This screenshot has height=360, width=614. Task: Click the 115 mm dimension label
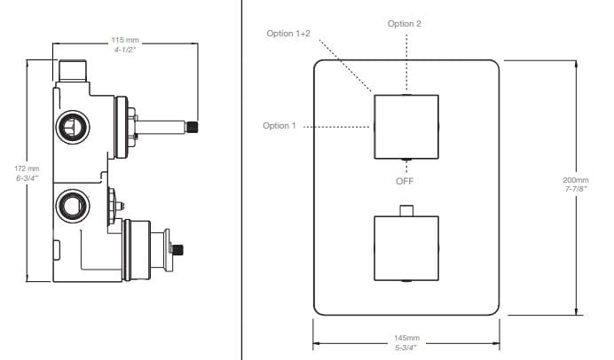point(125,41)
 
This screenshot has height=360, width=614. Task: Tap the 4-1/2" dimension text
point(125,51)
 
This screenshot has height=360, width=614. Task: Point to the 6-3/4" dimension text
point(28,178)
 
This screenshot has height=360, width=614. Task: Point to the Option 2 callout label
point(405,23)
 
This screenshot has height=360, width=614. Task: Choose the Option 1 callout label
point(279,126)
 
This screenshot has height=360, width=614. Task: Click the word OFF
point(405,181)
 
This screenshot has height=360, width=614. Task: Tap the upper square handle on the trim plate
point(405,126)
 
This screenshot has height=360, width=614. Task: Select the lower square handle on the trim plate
point(405,248)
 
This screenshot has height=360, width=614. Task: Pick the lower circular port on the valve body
point(70,207)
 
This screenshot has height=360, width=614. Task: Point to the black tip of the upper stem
point(192,128)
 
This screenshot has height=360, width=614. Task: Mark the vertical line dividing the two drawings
point(241,177)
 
